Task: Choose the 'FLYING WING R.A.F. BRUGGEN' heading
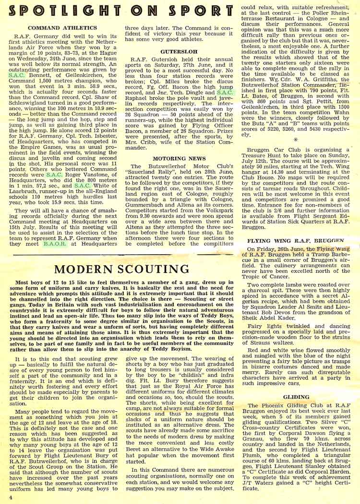pyautogui.click(x=296, y=240)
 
